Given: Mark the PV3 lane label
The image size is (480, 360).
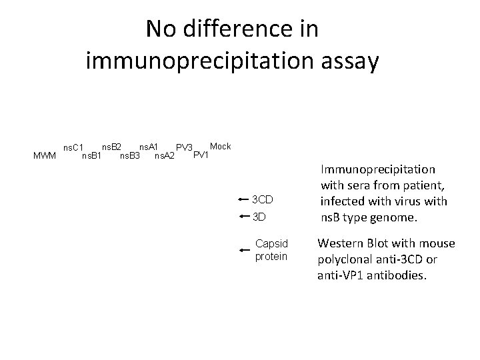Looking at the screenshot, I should (x=184, y=147).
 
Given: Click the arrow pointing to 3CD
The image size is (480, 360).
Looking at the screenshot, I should (x=243, y=199).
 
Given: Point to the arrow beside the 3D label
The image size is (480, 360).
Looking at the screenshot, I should (x=243, y=217).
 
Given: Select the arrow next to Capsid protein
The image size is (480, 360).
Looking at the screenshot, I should (x=244, y=249).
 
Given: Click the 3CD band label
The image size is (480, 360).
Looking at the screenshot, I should (x=263, y=199).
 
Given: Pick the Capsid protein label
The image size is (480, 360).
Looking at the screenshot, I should (x=271, y=250).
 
